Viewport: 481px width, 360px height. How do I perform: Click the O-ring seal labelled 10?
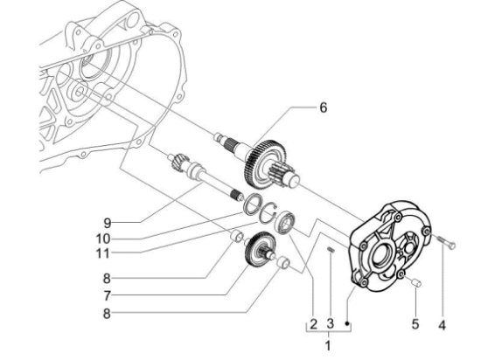point(250,206)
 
